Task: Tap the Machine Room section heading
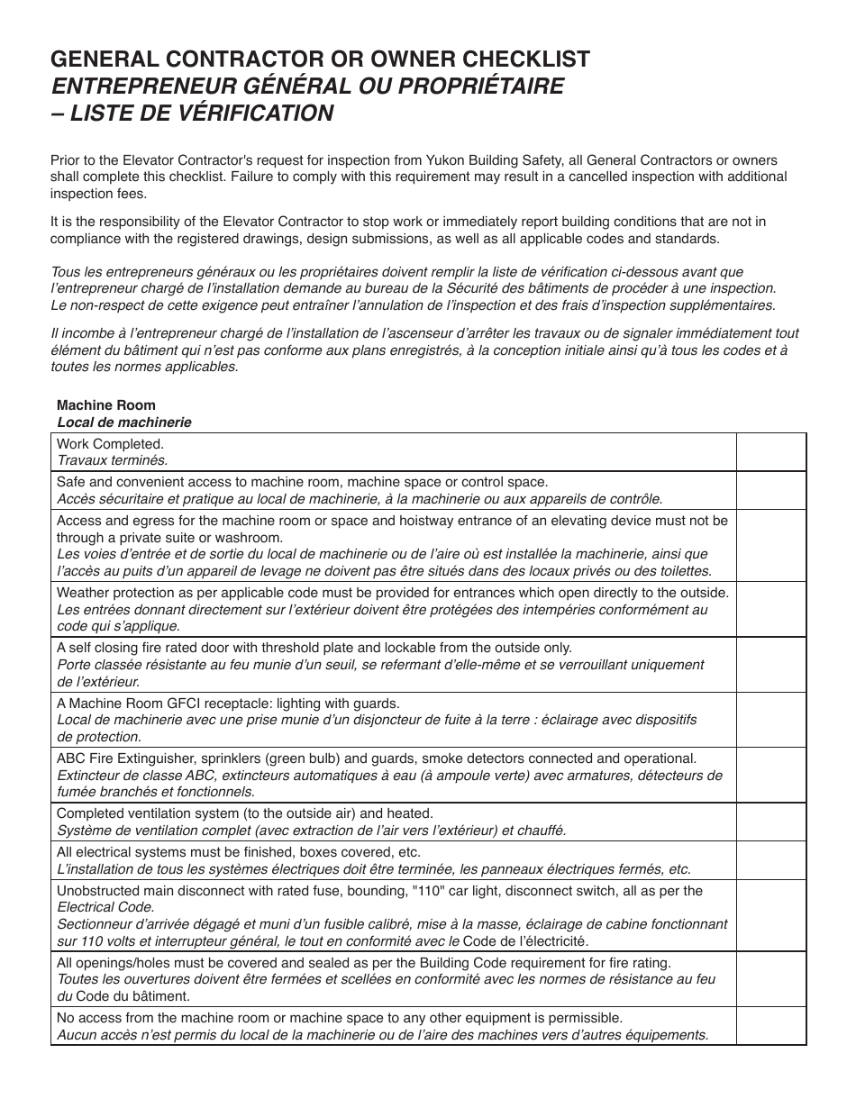tap(106, 405)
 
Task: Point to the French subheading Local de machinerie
tap(124, 422)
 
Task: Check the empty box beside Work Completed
tap(771, 452)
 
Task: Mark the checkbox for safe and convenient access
tap(771, 490)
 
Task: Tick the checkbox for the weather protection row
tap(771, 609)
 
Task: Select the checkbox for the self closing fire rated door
tap(771, 664)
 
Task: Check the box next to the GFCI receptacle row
tap(771, 720)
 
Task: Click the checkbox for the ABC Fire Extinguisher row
tap(771, 775)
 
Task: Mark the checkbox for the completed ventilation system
tap(771, 822)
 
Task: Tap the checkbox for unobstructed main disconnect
tap(771, 915)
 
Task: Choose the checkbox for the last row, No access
tap(771, 1026)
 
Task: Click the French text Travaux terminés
tap(112, 460)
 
